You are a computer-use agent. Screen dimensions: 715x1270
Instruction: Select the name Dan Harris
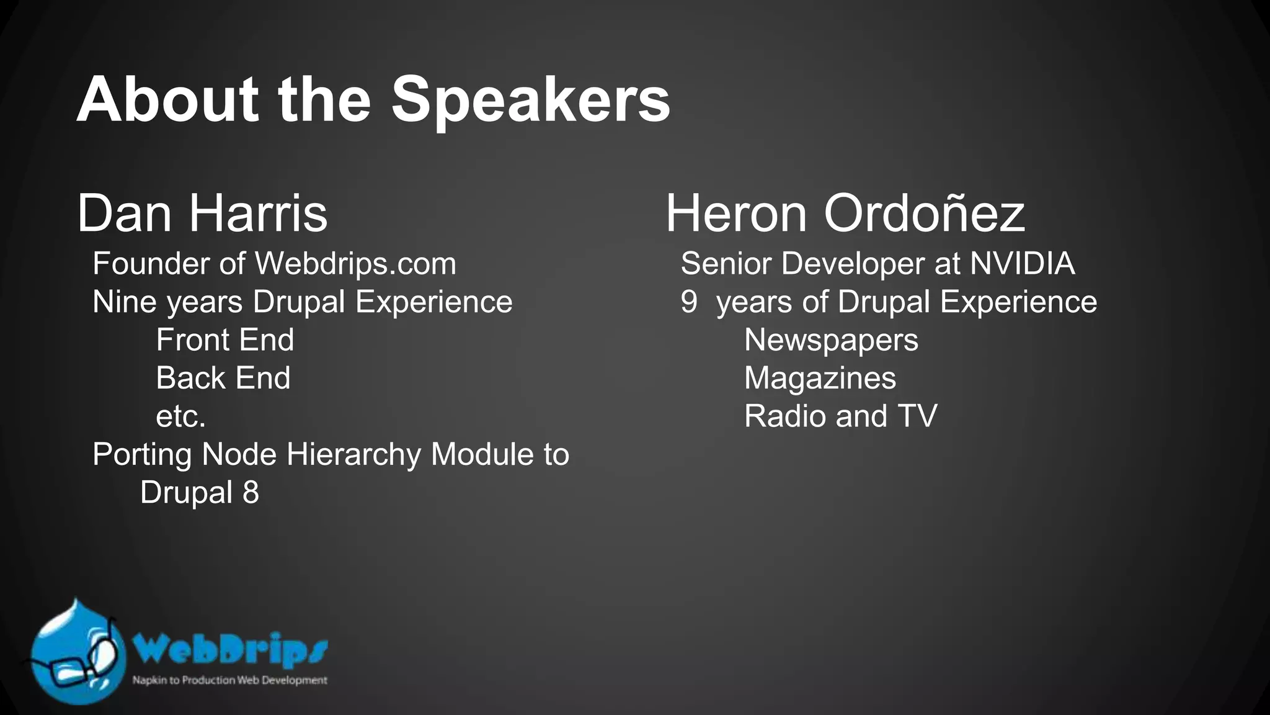[202, 214]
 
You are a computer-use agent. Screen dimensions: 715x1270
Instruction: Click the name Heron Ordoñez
[845, 214]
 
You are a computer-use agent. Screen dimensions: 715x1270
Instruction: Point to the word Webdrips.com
[355, 264]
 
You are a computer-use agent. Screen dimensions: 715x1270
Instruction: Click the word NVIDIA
[1022, 264]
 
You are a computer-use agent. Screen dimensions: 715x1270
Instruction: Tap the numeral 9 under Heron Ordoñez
[689, 302]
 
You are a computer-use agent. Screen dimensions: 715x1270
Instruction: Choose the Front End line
[224, 340]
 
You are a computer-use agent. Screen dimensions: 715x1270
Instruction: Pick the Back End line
[223, 378]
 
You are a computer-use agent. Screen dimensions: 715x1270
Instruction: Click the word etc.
[180, 416]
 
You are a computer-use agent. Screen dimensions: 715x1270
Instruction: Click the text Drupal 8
[199, 493]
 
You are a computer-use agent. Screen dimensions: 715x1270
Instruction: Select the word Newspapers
[831, 340]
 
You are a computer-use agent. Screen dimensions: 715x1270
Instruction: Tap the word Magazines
[820, 378]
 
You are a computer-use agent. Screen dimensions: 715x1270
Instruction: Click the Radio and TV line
[840, 416]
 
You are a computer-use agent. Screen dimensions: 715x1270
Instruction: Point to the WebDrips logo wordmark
[230, 649]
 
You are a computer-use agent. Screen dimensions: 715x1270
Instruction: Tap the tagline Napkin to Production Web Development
[229, 680]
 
